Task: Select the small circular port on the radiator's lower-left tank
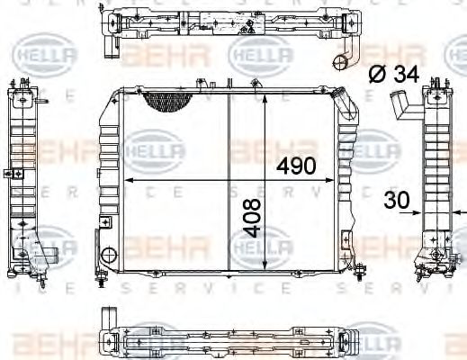coord(109,255)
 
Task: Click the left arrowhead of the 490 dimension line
coord(127,180)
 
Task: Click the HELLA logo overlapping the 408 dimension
coord(262,241)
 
